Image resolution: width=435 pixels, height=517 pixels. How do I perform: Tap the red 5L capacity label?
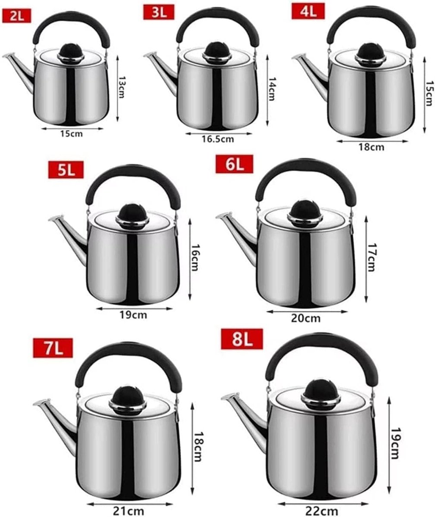point(66,170)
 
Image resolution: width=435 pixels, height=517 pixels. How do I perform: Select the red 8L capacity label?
point(242,339)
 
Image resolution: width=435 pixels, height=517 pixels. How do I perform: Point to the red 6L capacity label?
point(235,164)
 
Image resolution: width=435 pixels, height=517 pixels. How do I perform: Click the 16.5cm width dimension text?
point(218,139)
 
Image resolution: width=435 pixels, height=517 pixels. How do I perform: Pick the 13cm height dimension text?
point(121,87)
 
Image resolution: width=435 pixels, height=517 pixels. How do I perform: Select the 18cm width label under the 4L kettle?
point(371,147)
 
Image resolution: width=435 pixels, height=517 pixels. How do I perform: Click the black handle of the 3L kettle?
point(218,24)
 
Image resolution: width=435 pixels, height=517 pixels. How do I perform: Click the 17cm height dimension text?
point(371,257)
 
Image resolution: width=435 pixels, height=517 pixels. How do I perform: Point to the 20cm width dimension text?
point(306,318)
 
